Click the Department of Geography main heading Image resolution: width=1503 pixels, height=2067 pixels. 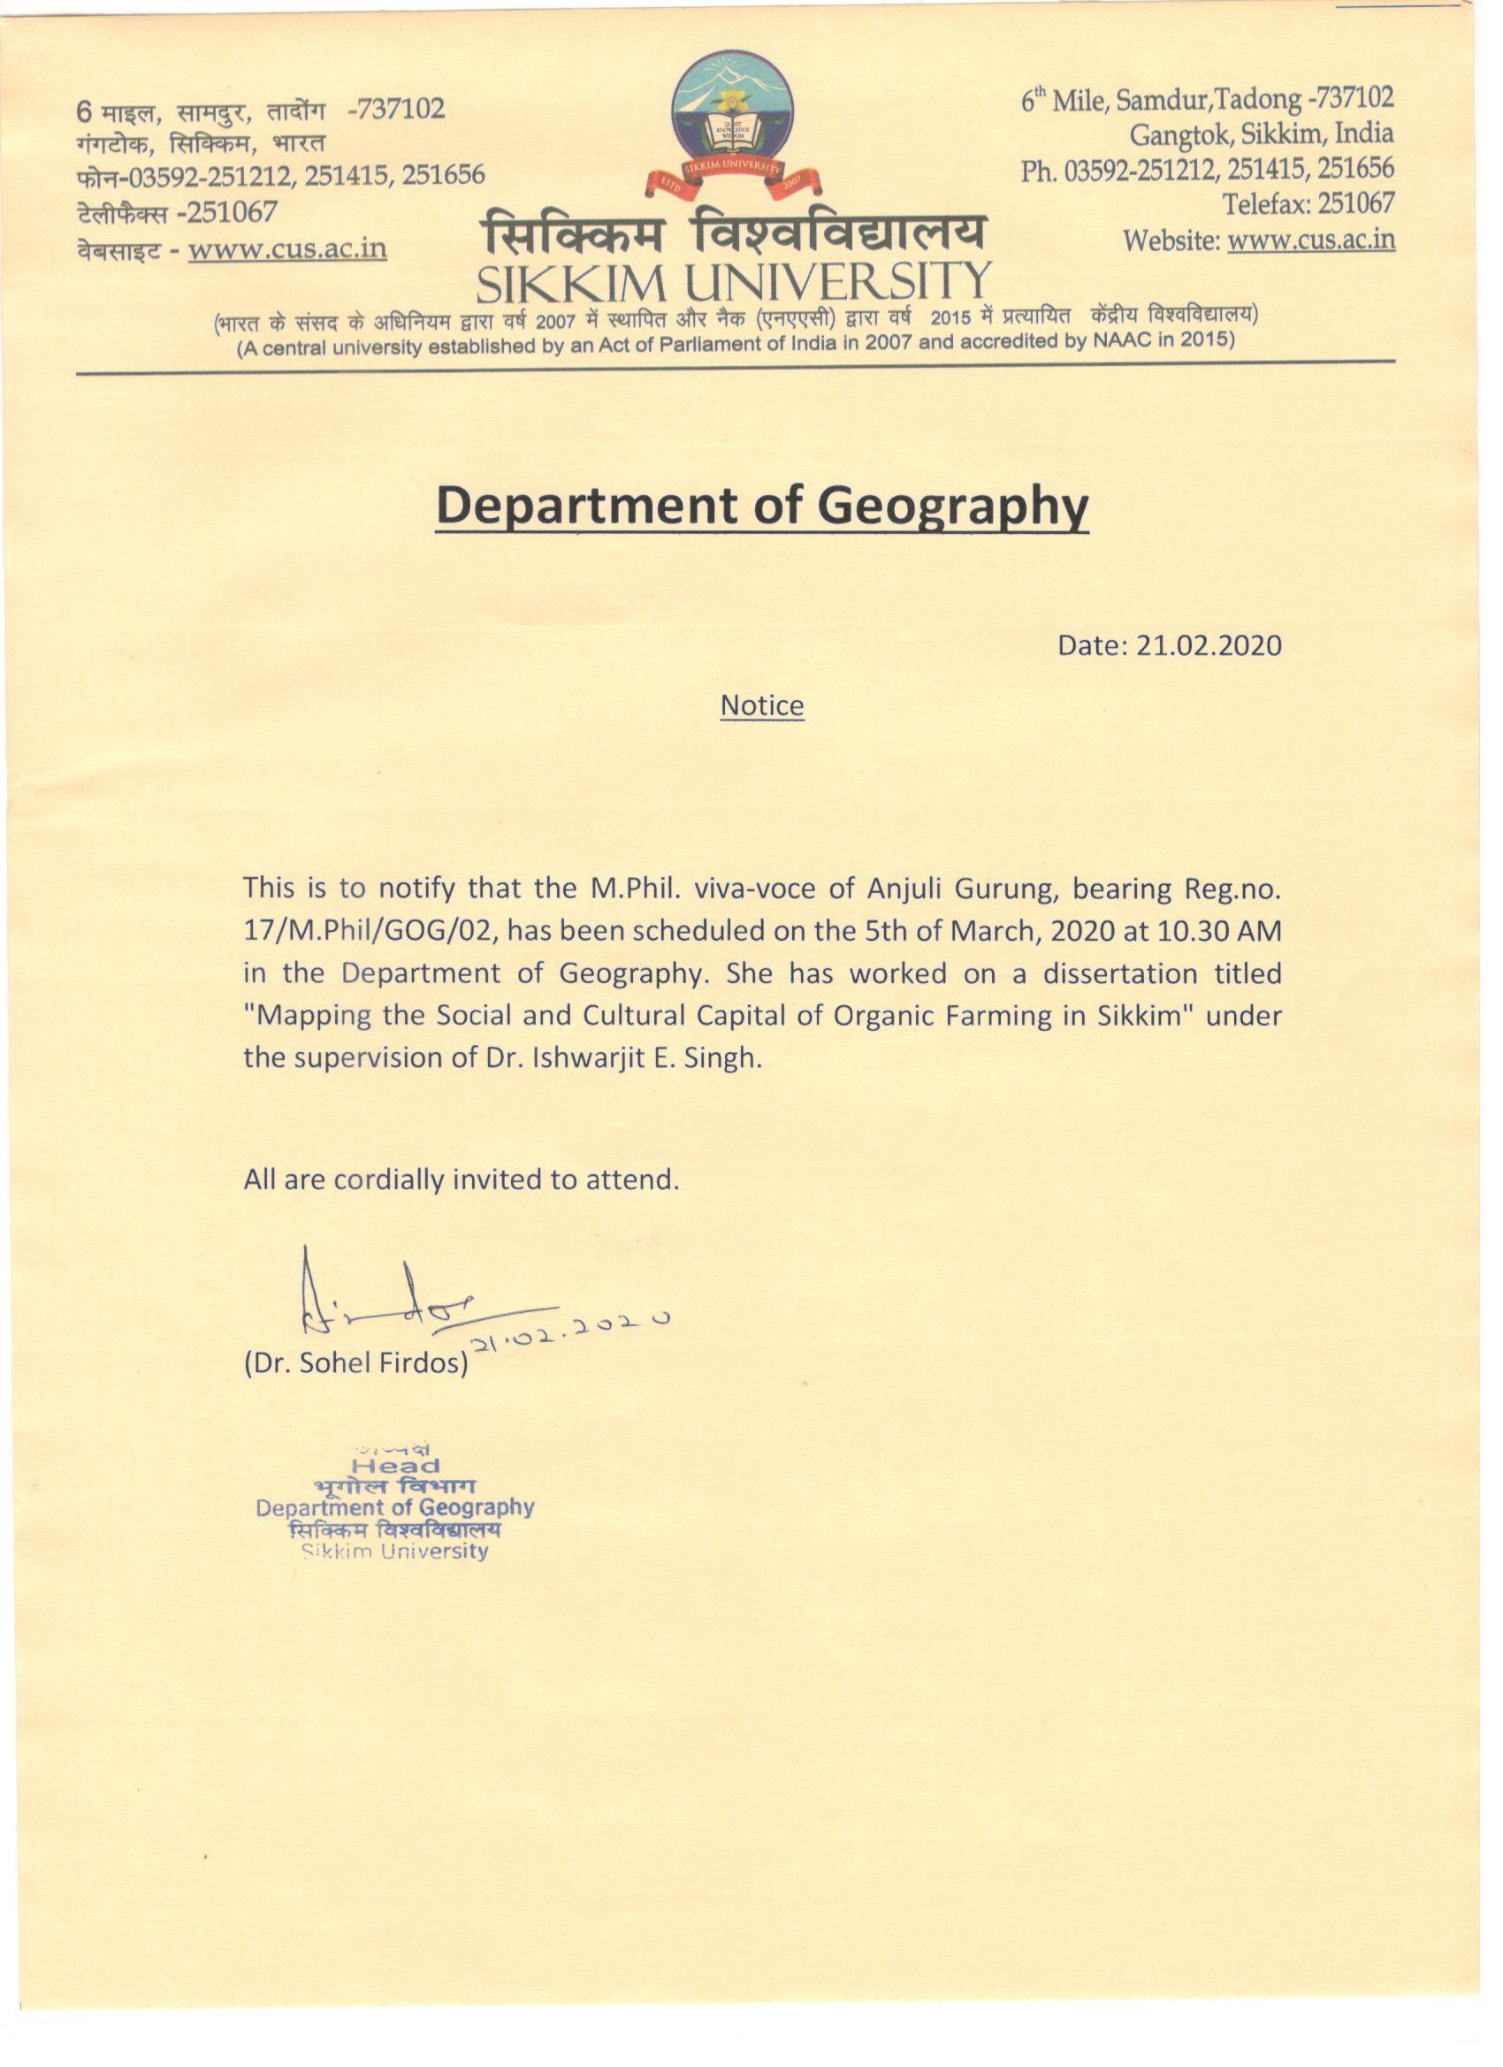(762, 506)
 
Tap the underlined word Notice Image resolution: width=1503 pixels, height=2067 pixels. (762, 706)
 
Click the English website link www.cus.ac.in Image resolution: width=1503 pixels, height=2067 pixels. (1310, 240)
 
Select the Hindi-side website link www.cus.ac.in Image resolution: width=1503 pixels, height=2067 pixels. (287, 248)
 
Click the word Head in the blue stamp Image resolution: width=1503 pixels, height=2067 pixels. (395, 1467)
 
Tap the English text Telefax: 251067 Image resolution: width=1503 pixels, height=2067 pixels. (1308, 204)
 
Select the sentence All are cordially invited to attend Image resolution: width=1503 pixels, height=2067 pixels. (462, 1180)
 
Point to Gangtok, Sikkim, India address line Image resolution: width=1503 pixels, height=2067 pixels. (1262, 134)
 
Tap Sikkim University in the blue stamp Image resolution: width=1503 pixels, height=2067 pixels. (394, 1552)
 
